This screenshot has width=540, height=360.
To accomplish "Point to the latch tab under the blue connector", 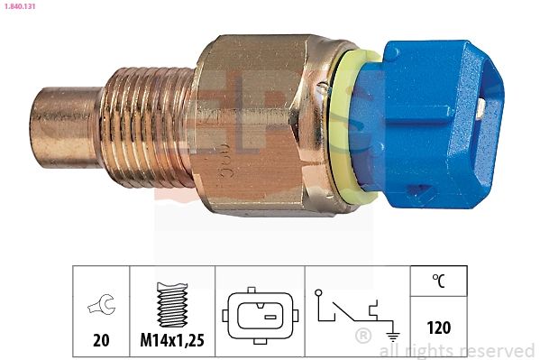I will click(x=424, y=191).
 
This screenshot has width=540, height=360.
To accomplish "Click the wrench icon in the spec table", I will click(x=100, y=308).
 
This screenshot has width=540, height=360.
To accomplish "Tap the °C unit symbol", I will click(x=438, y=282).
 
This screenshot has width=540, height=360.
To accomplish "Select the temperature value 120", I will click(x=438, y=328).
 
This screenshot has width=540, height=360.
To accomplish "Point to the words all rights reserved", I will click(x=456, y=350).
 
